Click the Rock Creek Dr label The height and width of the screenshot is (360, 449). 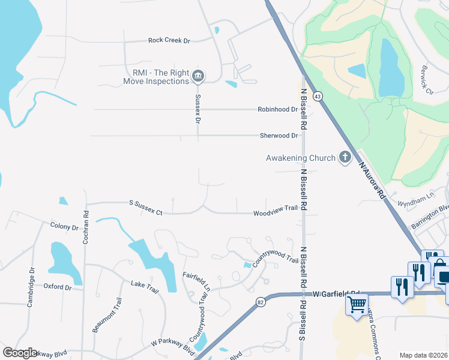169,41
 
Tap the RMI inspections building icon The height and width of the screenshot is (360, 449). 198,76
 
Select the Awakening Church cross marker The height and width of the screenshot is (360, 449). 345,158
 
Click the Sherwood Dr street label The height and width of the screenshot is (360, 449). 279,136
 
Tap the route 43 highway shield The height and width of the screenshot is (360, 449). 318,97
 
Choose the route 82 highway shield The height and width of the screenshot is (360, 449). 260,302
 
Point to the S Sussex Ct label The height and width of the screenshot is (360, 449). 146,208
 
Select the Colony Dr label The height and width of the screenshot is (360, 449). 65,227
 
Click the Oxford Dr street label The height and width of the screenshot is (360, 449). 58,287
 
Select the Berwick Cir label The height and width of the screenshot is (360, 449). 427,79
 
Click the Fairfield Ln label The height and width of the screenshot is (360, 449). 197,280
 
